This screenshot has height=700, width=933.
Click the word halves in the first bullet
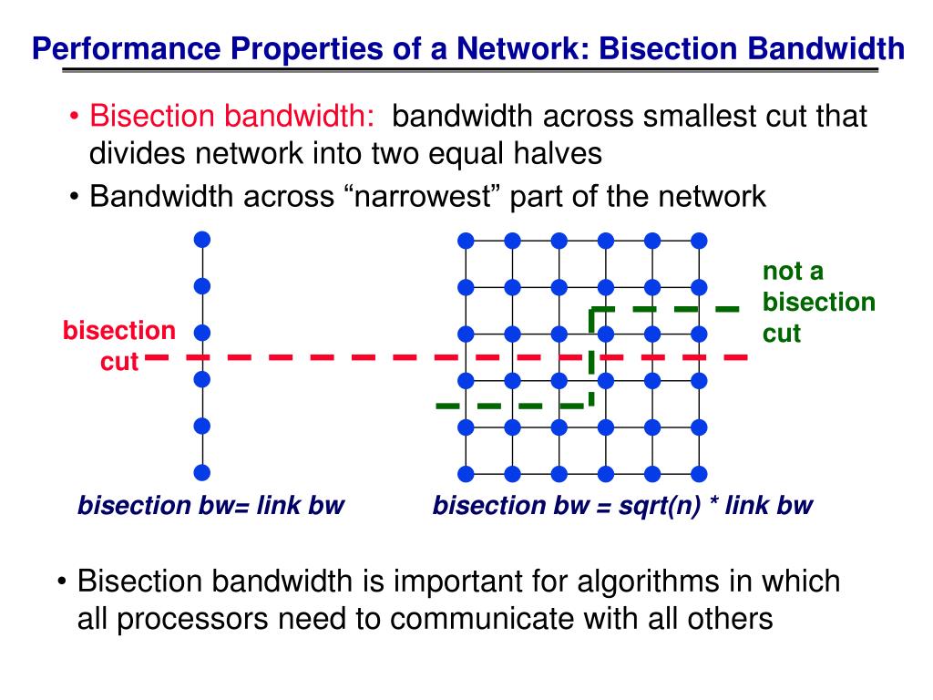coord(556,153)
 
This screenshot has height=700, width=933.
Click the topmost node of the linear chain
coord(202,240)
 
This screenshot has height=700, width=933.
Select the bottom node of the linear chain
coord(202,472)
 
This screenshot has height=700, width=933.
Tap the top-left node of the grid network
coord(466,241)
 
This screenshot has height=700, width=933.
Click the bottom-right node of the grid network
coord(699,473)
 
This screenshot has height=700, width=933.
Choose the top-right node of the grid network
coord(699,241)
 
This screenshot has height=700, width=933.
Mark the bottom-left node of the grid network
coord(466,473)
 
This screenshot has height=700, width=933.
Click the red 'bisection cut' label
coord(118,346)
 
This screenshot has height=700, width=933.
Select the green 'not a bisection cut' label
coord(817,302)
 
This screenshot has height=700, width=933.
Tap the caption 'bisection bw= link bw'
coord(210,505)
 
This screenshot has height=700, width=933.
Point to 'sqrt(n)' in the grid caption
coord(651,505)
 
